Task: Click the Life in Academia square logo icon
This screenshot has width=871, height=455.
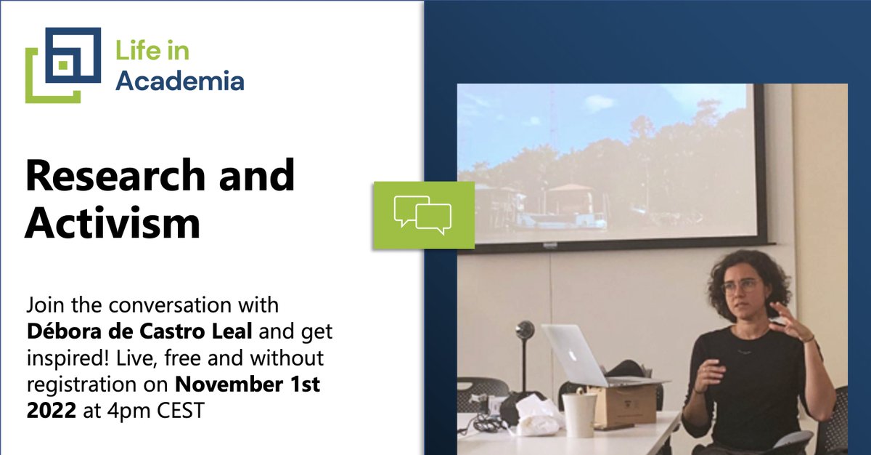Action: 63,64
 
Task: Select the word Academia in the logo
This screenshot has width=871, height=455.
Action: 179,80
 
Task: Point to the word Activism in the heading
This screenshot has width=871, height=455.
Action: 113,222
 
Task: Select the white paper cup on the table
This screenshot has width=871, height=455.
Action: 579,414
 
